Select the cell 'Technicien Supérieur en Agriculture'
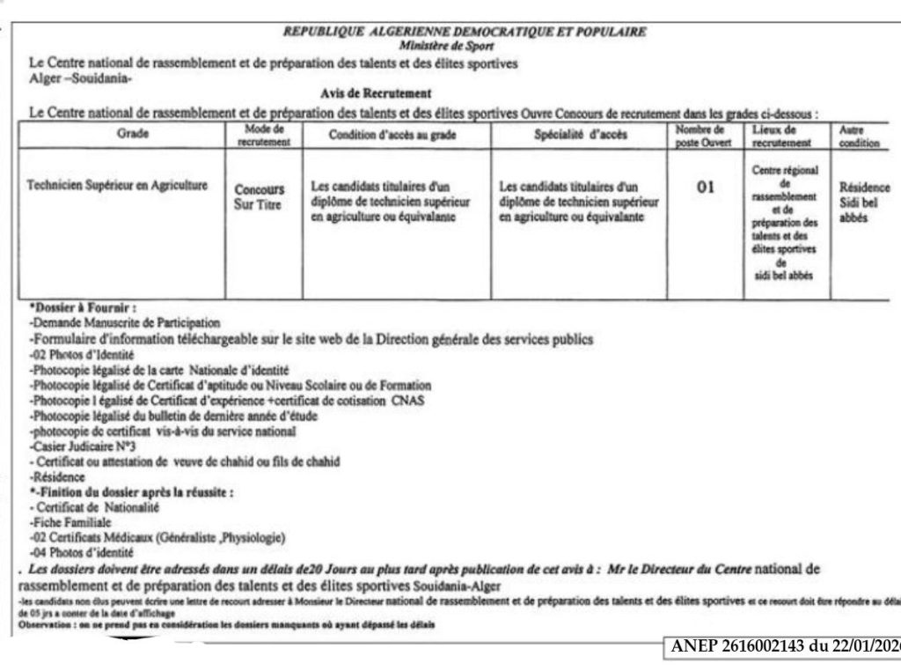click(117, 185)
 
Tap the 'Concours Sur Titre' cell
click(260, 197)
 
